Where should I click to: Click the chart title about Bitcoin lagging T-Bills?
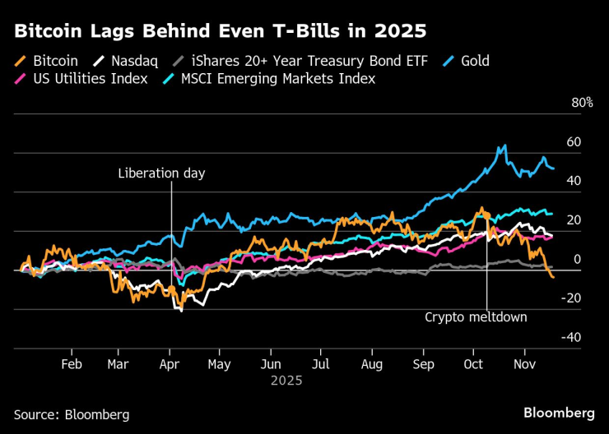pyautogui.click(x=220, y=32)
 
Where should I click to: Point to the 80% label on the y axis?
pyautogui.click(x=582, y=103)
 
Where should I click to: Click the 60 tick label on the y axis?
pyautogui.click(x=574, y=142)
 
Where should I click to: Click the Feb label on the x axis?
pyautogui.click(x=72, y=363)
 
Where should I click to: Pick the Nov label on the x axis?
pyautogui.click(x=523, y=363)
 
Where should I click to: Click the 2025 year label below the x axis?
pyautogui.click(x=286, y=381)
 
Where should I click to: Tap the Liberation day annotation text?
pyautogui.click(x=161, y=173)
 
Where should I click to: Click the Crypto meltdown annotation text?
pyautogui.click(x=476, y=316)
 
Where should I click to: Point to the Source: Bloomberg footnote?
pyautogui.click(x=72, y=414)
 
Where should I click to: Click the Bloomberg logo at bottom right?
pyautogui.click(x=559, y=411)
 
